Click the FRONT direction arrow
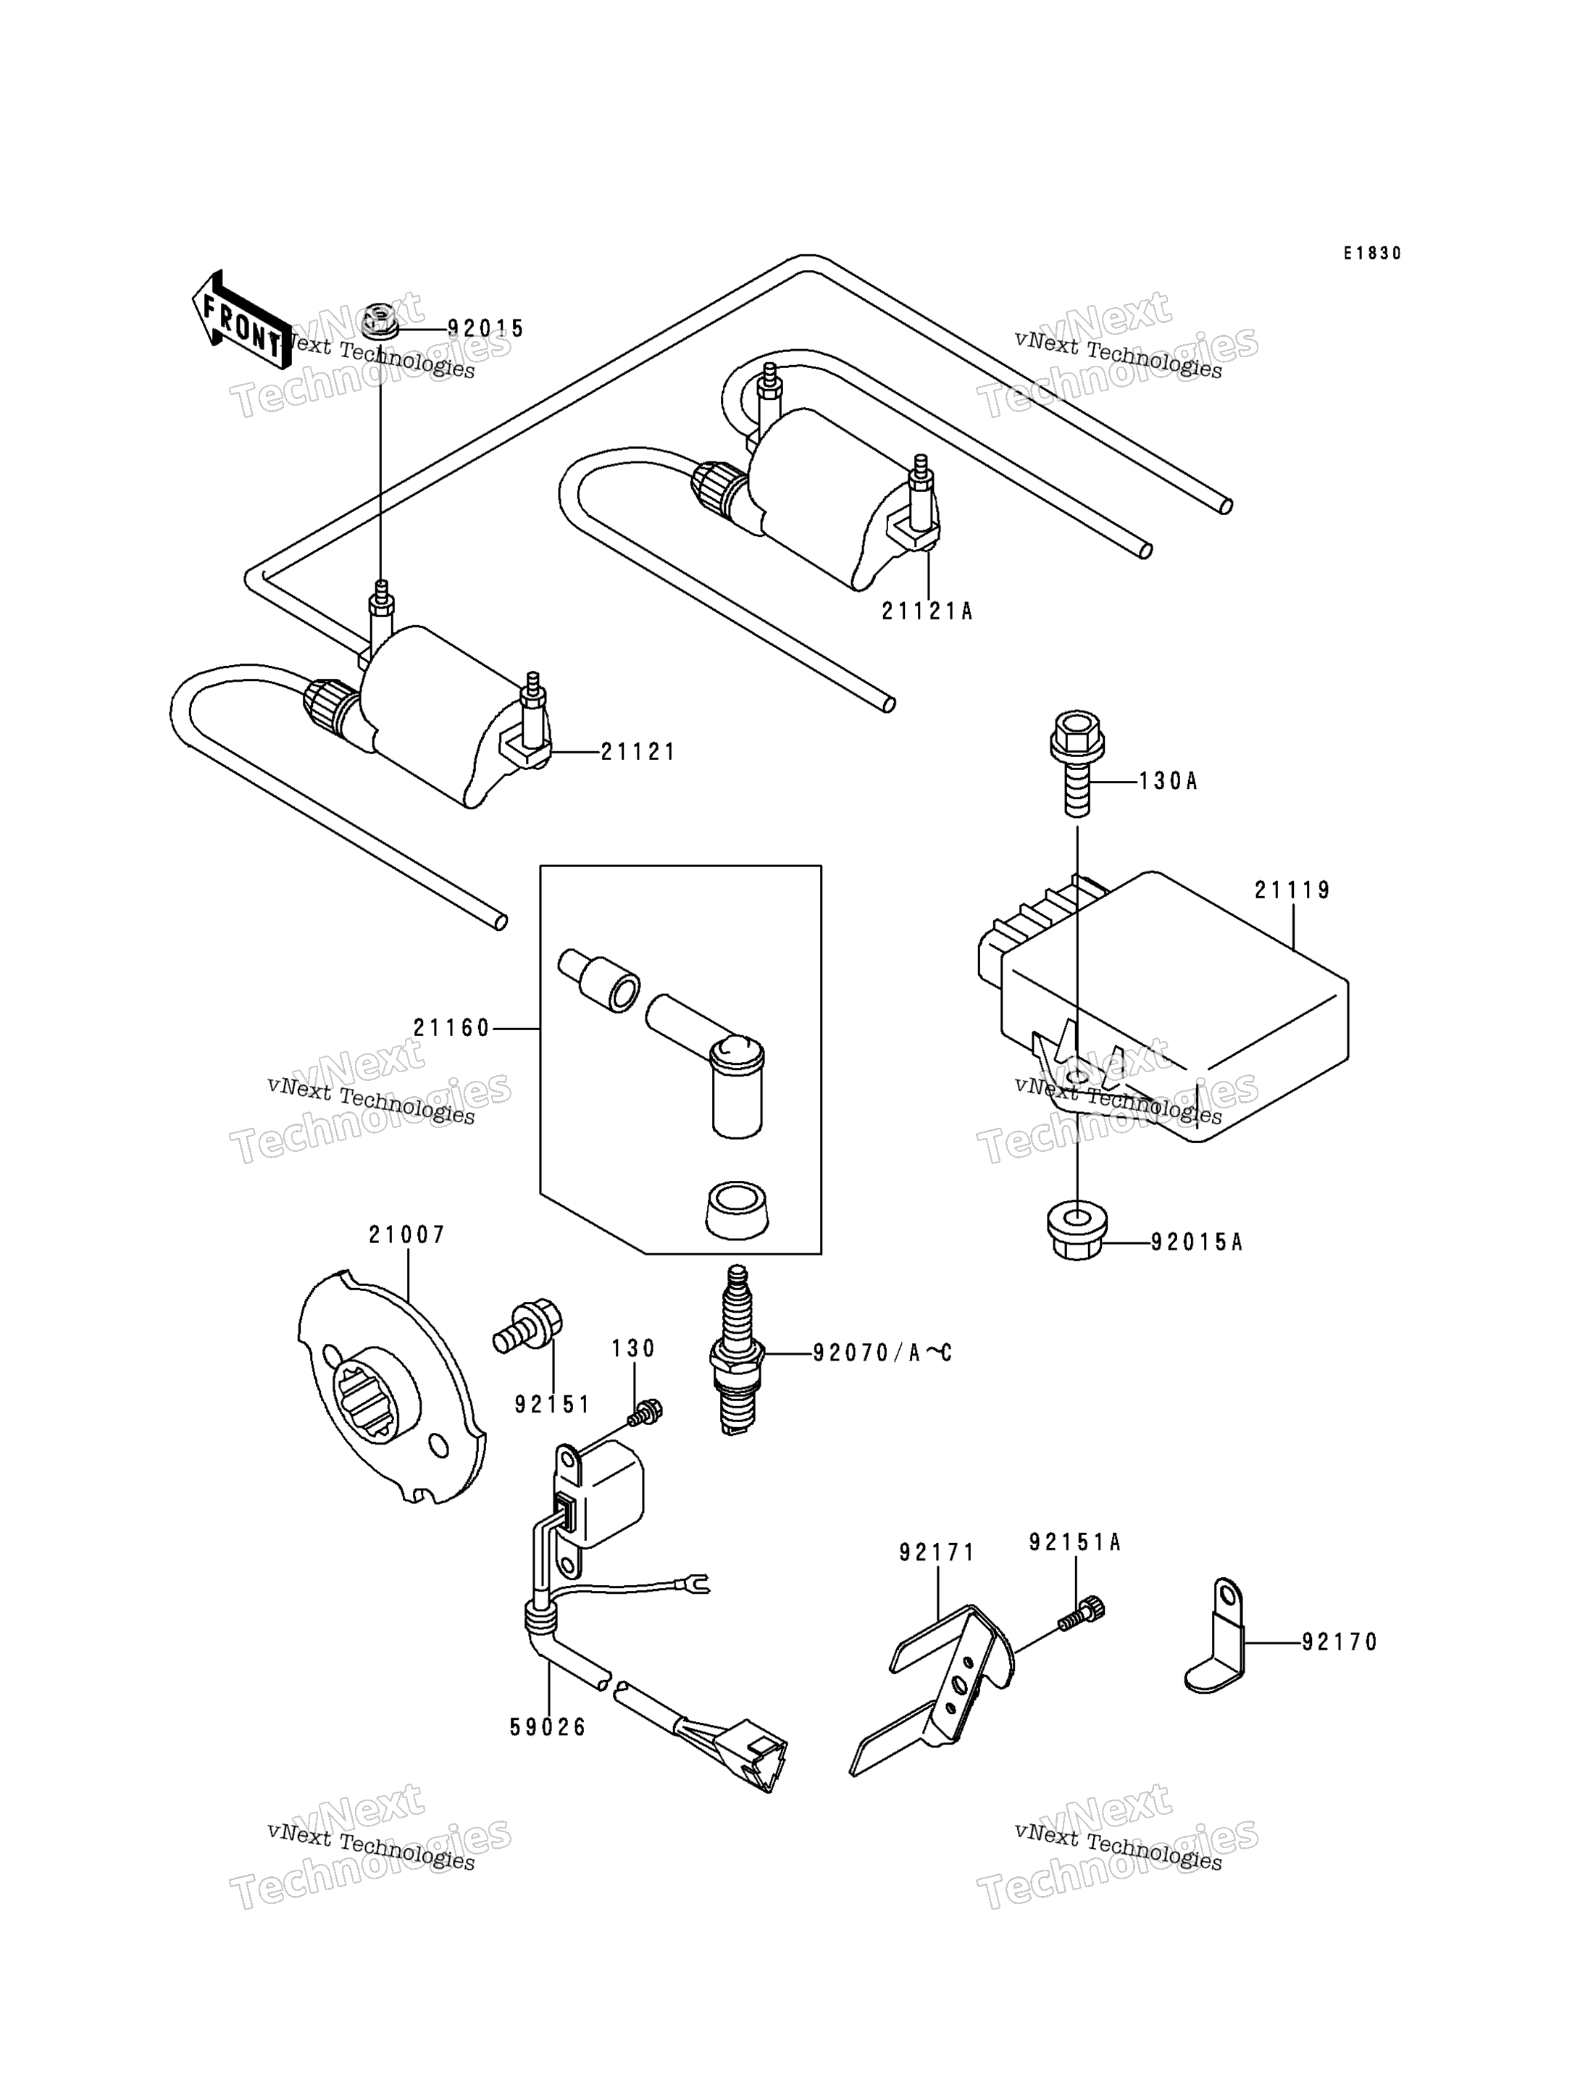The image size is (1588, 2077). point(242,319)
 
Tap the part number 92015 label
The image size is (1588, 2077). point(486,328)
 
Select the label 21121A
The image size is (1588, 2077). point(927,611)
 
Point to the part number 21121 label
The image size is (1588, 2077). point(638,753)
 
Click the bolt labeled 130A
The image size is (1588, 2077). point(1077,764)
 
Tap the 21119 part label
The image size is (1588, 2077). point(1292,890)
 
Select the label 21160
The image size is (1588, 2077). point(452,1027)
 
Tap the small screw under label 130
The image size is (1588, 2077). point(646,1413)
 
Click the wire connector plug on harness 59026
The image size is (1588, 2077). point(748,1757)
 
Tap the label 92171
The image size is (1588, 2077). point(937,1552)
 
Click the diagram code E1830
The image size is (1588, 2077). point(1373,254)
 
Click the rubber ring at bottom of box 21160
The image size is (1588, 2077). point(736,1209)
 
